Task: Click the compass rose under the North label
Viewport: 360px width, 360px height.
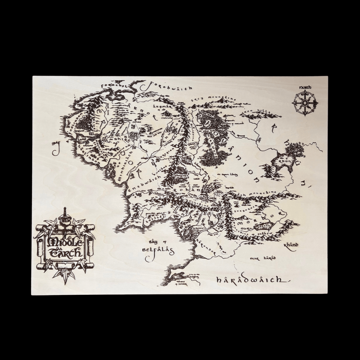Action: tap(305, 103)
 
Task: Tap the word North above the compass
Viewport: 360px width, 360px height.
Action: tap(305, 87)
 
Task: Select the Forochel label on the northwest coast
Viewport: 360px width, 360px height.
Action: tap(114, 85)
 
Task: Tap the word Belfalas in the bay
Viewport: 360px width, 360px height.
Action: tap(158, 249)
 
